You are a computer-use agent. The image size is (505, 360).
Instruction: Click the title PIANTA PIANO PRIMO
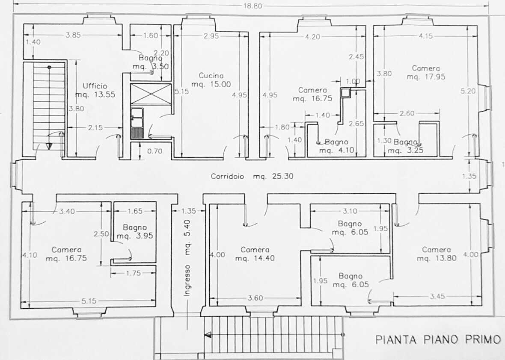point(438,340)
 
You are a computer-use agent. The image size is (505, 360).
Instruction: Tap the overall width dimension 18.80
point(253,6)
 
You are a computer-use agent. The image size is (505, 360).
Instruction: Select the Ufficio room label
point(95,86)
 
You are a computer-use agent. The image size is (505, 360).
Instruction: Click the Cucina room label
point(211,76)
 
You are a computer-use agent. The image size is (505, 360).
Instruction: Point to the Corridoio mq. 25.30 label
point(252,176)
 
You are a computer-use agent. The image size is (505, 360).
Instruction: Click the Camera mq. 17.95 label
point(426,72)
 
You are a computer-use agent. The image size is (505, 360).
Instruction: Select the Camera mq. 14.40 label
point(255,254)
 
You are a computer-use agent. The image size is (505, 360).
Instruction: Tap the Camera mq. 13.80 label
point(437,254)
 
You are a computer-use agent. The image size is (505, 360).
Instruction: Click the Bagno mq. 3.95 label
point(135,232)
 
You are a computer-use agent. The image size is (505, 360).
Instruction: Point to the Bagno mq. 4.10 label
point(336,146)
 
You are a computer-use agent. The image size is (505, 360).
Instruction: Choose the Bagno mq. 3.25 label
point(405,146)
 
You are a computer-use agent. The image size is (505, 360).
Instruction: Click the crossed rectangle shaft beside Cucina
point(151,94)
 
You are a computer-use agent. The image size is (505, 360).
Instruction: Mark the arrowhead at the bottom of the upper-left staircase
point(49,146)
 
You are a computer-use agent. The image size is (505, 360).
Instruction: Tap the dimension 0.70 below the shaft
point(154,151)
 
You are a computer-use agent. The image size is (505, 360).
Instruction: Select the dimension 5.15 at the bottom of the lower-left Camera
point(89,301)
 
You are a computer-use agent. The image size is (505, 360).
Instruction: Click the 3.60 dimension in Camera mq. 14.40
point(255,298)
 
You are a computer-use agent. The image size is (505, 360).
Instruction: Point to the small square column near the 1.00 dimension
point(345,92)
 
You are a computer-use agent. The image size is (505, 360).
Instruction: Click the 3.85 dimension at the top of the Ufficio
point(73,35)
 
